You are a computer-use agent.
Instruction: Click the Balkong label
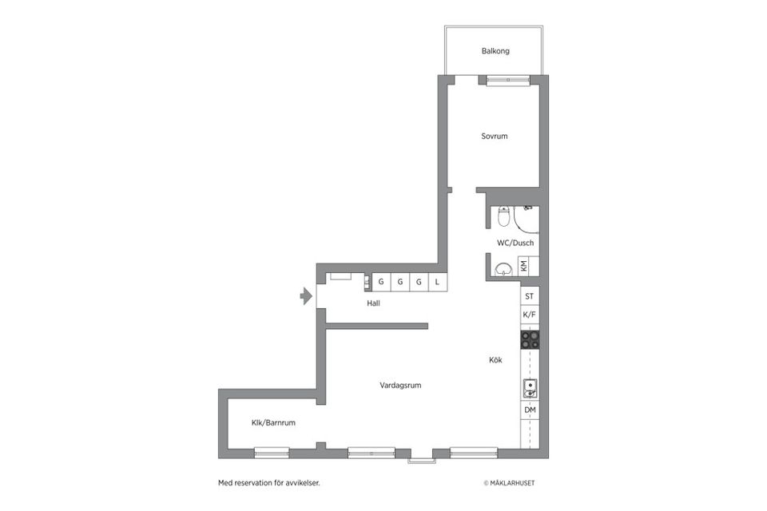(x=495, y=51)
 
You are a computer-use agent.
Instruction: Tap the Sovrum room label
(x=494, y=137)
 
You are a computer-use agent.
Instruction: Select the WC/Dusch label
(x=515, y=243)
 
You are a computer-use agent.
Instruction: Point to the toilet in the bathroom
(x=503, y=216)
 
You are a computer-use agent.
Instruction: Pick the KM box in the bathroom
(x=524, y=266)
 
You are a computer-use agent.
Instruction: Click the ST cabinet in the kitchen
(x=529, y=296)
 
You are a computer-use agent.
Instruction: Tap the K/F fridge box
(x=529, y=315)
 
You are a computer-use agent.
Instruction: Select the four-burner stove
(x=530, y=340)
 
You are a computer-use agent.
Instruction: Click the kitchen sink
(x=529, y=389)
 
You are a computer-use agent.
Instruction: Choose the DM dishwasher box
(x=529, y=410)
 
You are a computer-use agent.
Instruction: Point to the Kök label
(x=495, y=360)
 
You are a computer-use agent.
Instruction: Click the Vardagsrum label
(x=400, y=385)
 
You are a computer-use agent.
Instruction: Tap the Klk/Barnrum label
(x=273, y=422)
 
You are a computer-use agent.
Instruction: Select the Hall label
(x=373, y=303)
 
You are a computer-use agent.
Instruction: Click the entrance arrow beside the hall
(x=305, y=297)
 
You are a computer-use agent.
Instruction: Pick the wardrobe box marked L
(x=437, y=282)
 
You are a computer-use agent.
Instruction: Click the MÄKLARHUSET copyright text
(x=515, y=483)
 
